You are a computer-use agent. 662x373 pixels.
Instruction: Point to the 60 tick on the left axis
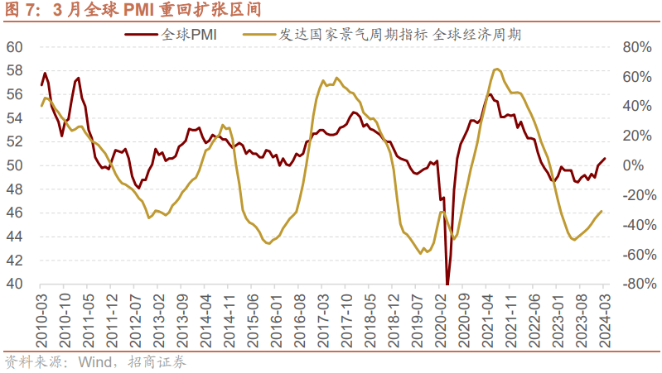tap(14, 46)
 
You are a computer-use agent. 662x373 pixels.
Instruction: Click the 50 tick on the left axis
tap(14, 165)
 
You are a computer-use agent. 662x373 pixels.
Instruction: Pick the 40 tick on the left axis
tap(14, 284)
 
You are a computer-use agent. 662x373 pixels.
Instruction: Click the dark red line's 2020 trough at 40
tap(447, 283)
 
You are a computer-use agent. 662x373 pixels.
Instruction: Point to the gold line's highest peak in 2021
tap(495, 69)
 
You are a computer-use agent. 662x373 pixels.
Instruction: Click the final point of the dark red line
tap(604, 158)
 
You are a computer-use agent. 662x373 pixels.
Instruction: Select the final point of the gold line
tap(602, 211)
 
